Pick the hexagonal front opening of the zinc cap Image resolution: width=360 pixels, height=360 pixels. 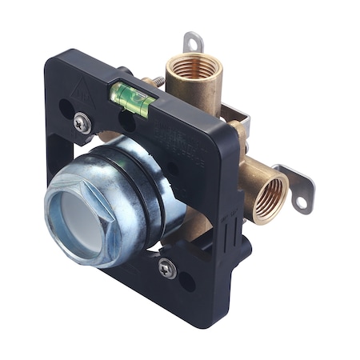(76, 217)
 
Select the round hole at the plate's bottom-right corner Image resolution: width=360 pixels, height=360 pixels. (186, 281)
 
